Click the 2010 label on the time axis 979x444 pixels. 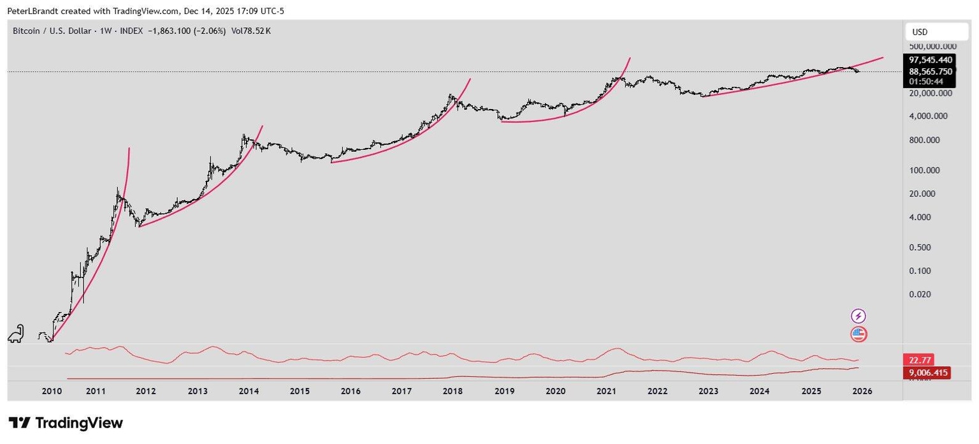pyautogui.click(x=52, y=391)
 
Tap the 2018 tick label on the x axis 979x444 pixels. pyautogui.click(x=453, y=391)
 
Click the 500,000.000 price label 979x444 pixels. pyautogui.click(x=932, y=47)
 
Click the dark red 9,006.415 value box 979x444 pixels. pyautogui.click(x=927, y=373)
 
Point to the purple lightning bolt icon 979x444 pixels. pyautogui.click(x=859, y=316)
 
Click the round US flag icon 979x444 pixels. pyautogui.click(x=859, y=333)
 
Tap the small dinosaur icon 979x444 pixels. pyautogui.click(x=17, y=333)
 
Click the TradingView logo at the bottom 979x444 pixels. pyautogui.click(x=65, y=423)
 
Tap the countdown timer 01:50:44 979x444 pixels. pyautogui.click(x=927, y=82)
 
